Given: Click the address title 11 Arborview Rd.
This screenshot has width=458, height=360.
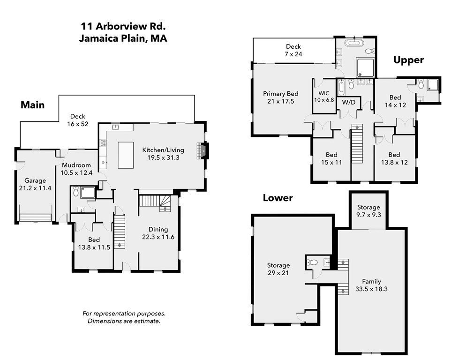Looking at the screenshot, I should pyautogui.click(x=123, y=27).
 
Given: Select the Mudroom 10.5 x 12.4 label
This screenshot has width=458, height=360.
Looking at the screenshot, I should pyautogui.click(x=75, y=169).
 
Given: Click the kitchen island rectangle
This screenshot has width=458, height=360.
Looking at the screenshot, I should pyautogui.click(x=125, y=155).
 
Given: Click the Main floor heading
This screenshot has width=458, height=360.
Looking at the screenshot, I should pyautogui.click(x=32, y=105).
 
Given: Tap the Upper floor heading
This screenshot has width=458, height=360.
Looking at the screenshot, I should pyautogui.click(x=408, y=60).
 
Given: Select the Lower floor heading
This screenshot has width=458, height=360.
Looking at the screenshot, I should pyautogui.click(x=278, y=198).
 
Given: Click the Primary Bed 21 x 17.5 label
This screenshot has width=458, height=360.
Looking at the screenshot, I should pyautogui.click(x=281, y=97).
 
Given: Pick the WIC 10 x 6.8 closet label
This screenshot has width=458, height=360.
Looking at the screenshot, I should pyautogui.click(x=324, y=97).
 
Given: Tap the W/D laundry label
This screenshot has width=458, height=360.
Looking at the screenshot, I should pyautogui.click(x=348, y=102).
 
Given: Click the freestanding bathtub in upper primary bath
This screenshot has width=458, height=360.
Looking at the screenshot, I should pyautogui.click(x=354, y=44).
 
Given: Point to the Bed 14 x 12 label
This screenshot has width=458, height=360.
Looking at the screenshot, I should pyautogui.click(x=395, y=101).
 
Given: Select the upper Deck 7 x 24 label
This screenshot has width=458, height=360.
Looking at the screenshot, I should pyautogui.click(x=293, y=50).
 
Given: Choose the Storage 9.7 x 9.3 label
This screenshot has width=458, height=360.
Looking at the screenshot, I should pyautogui.click(x=368, y=210).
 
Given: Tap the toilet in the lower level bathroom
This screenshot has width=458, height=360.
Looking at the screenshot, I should pyautogui.click(x=313, y=262).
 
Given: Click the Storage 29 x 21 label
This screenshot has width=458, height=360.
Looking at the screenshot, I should pyautogui.click(x=278, y=269).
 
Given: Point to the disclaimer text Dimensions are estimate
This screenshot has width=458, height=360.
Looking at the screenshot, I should pyautogui.click(x=124, y=321).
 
